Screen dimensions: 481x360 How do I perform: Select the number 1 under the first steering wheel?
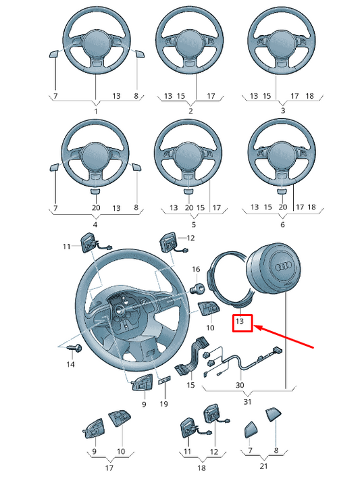(x=95, y=111)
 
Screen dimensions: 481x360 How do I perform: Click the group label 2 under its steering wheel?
(x=190, y=111)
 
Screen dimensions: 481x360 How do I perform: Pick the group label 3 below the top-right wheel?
(x=282, y=111)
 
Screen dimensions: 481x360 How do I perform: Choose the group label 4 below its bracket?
(x=95, y=224)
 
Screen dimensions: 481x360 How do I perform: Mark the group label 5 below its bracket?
(x=193, y=224)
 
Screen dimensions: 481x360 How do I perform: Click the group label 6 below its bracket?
(x=282, y=224)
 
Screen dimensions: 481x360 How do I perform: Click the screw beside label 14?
(x=76, y=347)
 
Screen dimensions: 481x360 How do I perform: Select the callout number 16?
(x=197, y=270)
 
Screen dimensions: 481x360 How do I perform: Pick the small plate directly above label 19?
(x=163, y=382)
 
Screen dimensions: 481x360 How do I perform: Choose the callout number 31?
(x=247, y=402)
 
